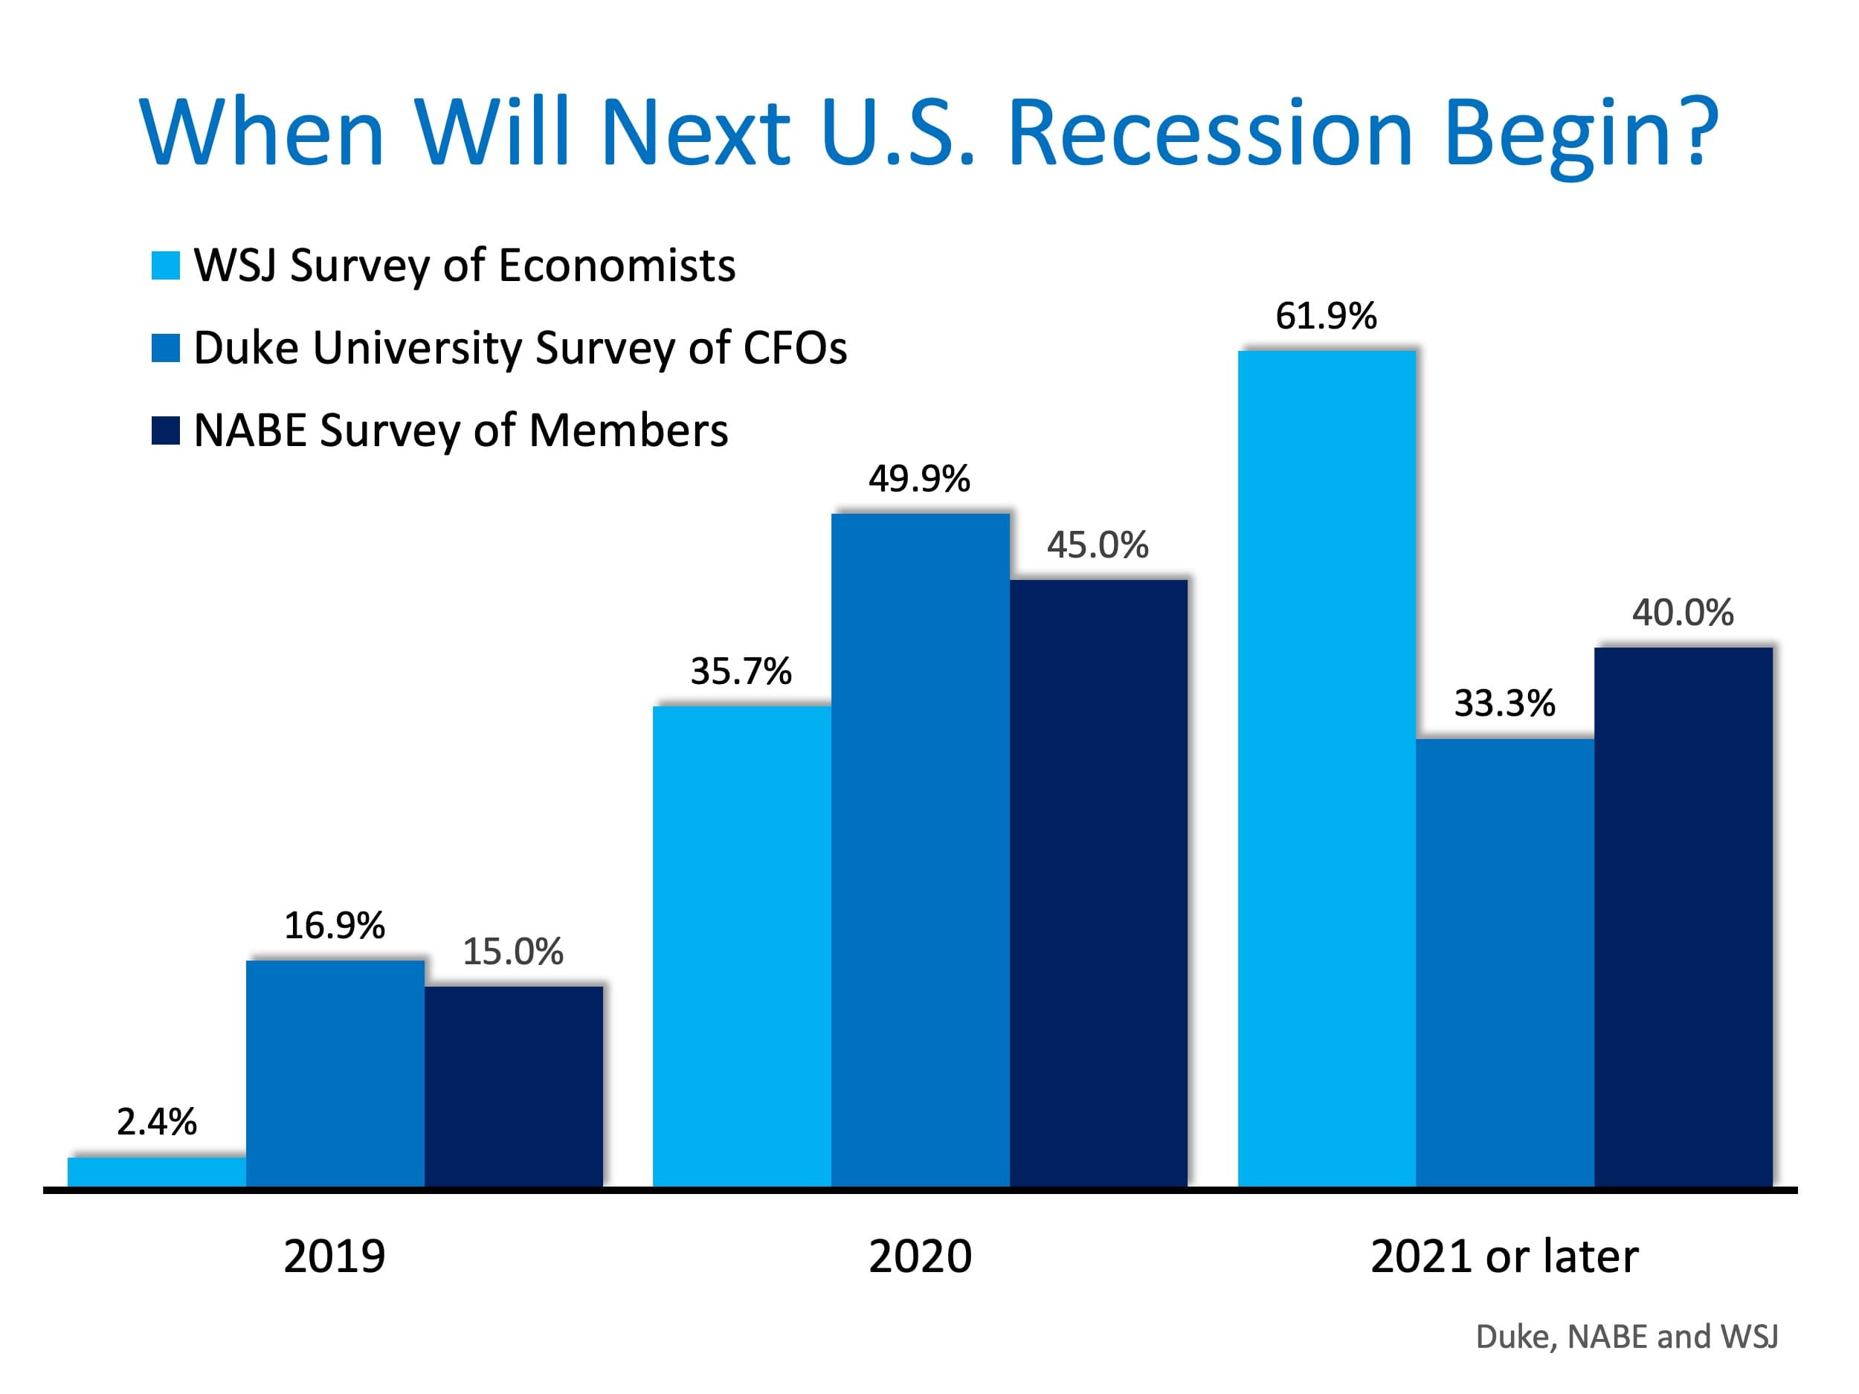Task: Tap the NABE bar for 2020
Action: point(1098,882)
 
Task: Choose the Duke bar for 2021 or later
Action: point(1504,962)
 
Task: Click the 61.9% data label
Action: point(1326,317)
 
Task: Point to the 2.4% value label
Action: point(156,1122)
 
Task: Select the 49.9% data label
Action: point(919,479)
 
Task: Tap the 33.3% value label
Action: point(1504,703)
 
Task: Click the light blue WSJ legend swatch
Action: point(166,265)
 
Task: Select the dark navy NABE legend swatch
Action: point(166,430)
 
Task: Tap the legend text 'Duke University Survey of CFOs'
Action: point(521,348)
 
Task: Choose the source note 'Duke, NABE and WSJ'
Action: point(1626,1337)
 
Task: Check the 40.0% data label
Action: point(1683,613)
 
